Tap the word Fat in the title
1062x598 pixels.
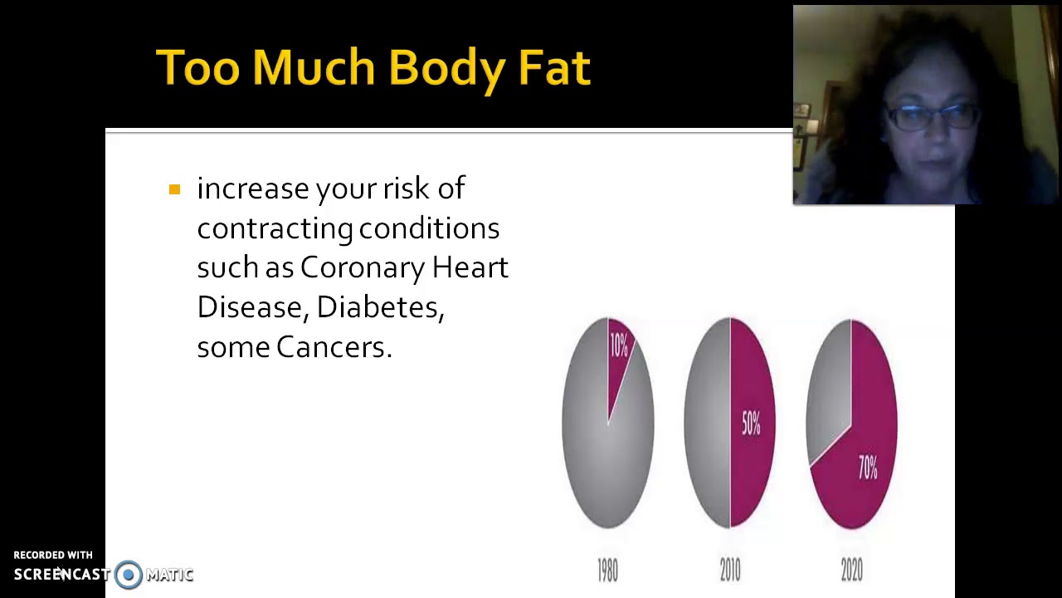(x=553, y=67)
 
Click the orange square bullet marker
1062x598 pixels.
(x=174, y=190)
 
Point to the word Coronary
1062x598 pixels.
(x=362, y=267)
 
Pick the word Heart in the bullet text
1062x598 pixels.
(x=470, y=267)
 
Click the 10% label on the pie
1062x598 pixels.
(x=619, y=345)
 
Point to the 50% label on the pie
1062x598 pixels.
(x=751, y=424)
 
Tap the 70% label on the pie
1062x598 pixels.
(x=868, y=468)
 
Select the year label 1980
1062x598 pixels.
(x=607, y=570)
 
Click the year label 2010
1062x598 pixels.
(x=729, y=570)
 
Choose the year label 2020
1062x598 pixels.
(x=851, y=570)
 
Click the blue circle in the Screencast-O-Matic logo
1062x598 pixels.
(x=129, y=574)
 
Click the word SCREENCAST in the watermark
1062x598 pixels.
(x=61, y=574)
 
